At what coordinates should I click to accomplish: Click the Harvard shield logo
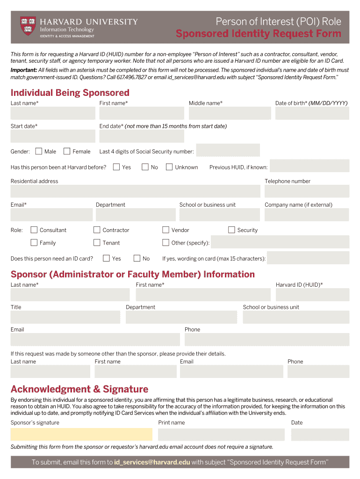[28, 26]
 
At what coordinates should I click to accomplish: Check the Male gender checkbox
[38, 151]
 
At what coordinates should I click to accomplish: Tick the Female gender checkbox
[67, 151]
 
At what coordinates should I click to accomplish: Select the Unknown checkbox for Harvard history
[169, 167]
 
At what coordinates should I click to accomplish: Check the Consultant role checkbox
[34, 230]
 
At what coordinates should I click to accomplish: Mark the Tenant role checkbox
[97, 242]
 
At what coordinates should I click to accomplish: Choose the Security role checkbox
[231, 230]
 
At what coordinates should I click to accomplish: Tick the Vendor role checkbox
[166, 230]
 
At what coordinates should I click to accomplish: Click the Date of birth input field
[312, 113]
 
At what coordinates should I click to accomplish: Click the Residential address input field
[135, 191]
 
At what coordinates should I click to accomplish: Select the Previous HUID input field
[310, 166]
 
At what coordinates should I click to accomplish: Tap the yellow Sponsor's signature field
[81, 434]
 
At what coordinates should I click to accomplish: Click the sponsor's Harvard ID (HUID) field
[312, 295]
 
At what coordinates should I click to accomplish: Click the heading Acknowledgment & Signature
[79, 389]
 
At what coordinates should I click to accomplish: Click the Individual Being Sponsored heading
[70, 93]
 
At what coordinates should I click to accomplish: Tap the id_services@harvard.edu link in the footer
[152, 462]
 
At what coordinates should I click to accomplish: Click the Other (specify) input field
[280, 242]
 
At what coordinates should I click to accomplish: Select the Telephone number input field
[307, 191]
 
